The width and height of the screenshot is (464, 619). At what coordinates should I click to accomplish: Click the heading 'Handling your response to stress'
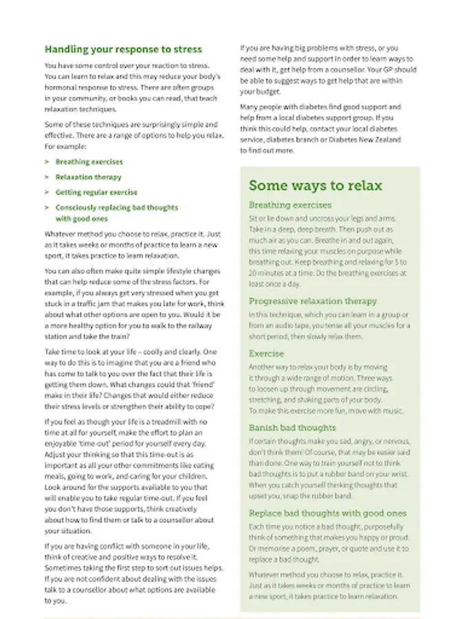point(123,50)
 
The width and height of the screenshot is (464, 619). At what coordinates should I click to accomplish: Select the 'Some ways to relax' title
point(315,186)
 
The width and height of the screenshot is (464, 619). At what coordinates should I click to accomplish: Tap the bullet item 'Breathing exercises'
point(89,162)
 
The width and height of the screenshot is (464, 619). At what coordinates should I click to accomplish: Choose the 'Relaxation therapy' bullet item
point(88,177)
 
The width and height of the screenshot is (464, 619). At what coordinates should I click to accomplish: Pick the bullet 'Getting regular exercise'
point(96,193)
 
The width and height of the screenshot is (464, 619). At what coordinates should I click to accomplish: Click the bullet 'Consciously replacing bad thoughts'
point(116,208)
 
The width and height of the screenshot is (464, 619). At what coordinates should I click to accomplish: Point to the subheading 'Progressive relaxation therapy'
point(313,301)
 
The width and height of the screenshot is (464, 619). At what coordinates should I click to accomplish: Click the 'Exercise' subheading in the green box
point(266,354)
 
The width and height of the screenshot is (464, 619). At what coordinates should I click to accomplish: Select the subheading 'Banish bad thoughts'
point(292,428)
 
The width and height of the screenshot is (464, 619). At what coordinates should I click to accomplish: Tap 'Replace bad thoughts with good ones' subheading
point(327,513)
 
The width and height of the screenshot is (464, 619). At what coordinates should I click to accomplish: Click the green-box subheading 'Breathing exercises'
point(290,205)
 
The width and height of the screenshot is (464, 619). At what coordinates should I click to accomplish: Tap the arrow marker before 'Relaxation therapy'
point(47,177)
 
